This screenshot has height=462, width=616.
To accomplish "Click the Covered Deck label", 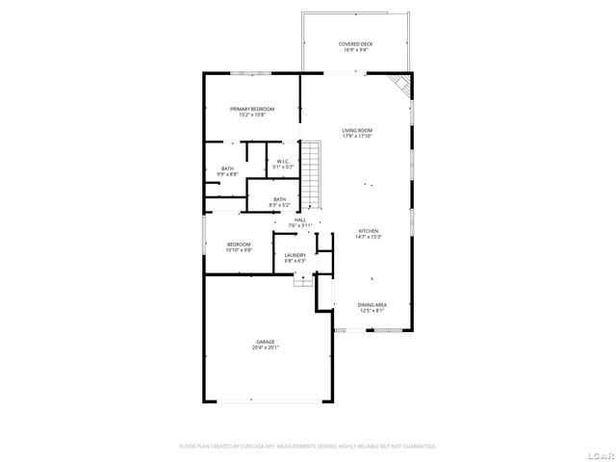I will click(x=357, y=43).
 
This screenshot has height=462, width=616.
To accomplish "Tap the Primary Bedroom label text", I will click(x=252, y=109).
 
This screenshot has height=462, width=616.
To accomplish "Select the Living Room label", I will click(x=357, y=130).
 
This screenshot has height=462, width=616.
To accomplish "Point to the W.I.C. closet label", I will click(x=283, y=161).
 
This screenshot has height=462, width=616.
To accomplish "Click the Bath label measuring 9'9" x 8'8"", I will click(x=227, y=168).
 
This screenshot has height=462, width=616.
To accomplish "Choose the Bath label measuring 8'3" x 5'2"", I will click(x=279, y=199).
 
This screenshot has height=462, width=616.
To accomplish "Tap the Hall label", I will click(x=300, y=219).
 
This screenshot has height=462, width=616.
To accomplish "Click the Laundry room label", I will click(x=295, y=255).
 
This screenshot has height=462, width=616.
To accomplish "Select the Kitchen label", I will click(x=369, y=231).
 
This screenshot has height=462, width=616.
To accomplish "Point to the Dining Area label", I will click(x=372, y=304).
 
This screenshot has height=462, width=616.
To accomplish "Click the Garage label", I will click(x=266, y=342).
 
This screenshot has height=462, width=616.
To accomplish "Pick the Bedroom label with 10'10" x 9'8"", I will click(x=239, y=244).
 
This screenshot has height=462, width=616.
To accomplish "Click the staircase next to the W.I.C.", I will click(x=311, y=174).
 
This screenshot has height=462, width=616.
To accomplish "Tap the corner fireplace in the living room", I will click(x=402, y=87).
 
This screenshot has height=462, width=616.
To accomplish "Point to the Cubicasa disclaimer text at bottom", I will click(x=308, y=447).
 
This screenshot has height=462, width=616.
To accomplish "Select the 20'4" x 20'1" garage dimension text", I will click(x=266, y=348).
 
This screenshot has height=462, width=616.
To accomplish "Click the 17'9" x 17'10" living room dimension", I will click(x=357, y=137).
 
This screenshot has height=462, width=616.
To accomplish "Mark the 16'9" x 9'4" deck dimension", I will click(x=357, y=50).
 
